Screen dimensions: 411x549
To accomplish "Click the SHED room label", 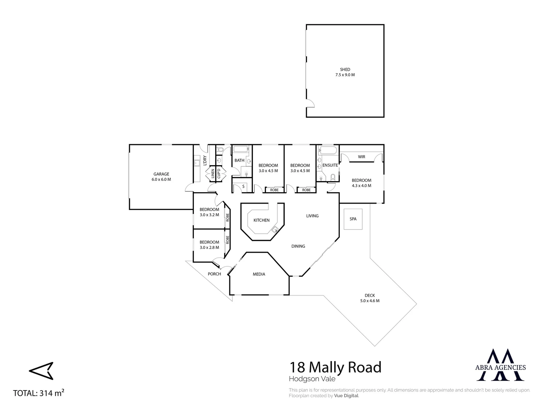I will coord(345,70).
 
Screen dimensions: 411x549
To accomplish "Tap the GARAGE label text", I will coord(161,174).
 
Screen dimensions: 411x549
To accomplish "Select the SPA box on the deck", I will coord(353,219).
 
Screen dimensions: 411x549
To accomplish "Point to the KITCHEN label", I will coord(262,220).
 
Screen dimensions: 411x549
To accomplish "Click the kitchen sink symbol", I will coord(275,229).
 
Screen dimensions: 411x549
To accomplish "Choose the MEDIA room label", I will coord(259,274).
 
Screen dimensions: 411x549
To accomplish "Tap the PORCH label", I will coord(214,274).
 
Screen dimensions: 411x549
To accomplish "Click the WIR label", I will coord(362,157).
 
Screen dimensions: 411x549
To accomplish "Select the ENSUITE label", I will coord(330,166).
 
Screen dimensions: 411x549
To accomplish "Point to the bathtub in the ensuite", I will coord(328,150).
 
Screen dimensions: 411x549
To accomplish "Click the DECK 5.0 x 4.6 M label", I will coord(370,298).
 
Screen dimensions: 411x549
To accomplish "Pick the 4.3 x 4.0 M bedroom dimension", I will coord(362,186).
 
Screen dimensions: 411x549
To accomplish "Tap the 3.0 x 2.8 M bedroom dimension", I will coord(209,247).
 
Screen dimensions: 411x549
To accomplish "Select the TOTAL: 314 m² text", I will coord(38,393).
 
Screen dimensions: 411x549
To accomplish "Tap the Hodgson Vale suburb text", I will coord(312,379).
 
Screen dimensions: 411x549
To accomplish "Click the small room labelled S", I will coord(243,186).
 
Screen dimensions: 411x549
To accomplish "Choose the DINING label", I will coord(298,246).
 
